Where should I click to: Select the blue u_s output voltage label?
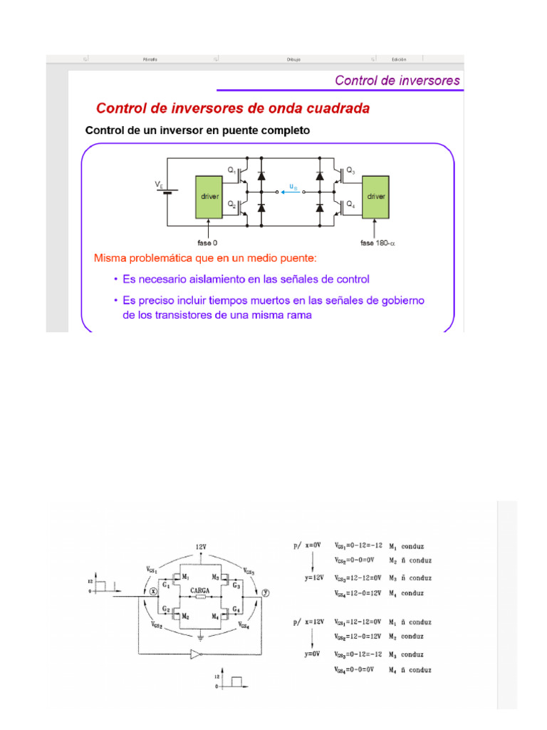click(x=293, y=187)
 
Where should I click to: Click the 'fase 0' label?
click(x=207, y=242)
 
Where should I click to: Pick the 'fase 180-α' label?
click(x=377, y=242)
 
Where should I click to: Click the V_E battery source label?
click(x=159, y=184)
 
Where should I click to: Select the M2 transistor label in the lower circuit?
click(x=185, y=615)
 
